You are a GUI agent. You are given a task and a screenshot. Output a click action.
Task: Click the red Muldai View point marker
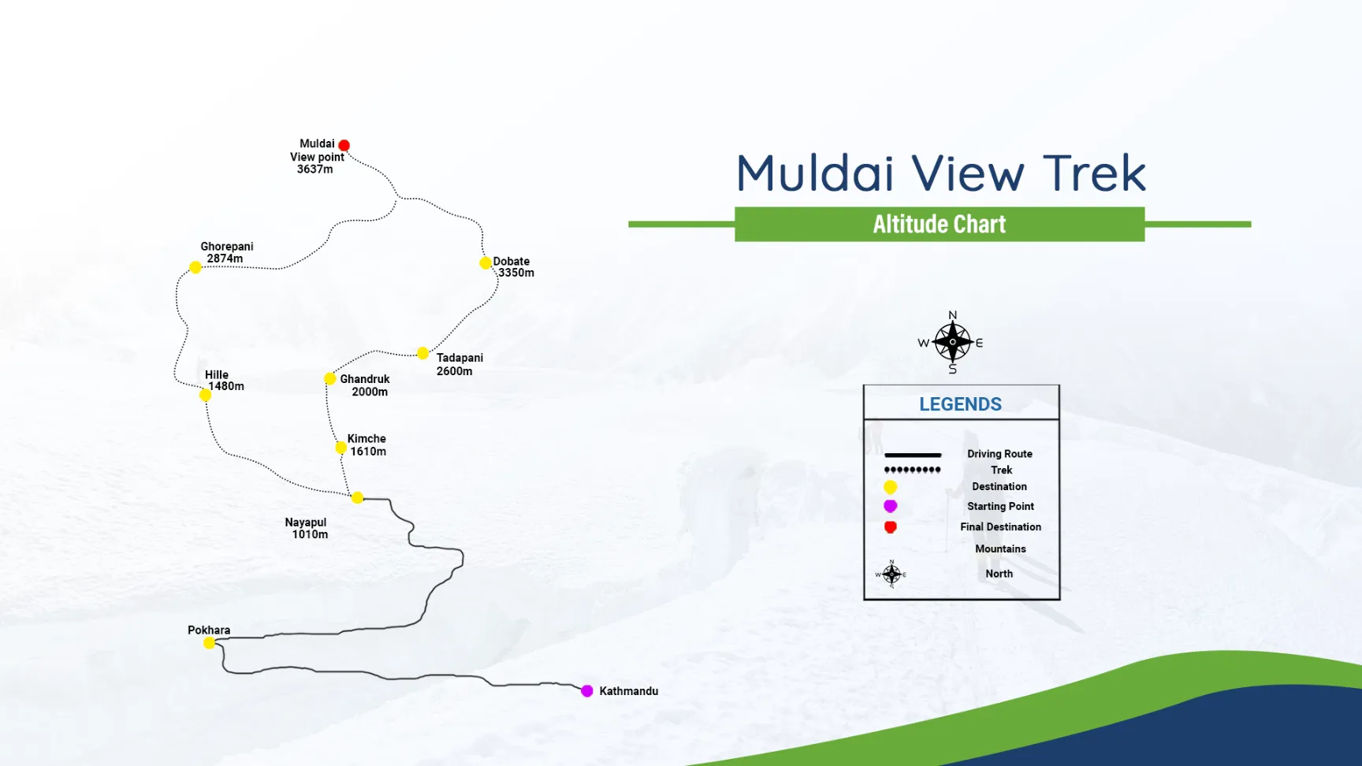344,145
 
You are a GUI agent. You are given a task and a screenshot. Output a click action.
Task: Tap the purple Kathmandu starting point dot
587,691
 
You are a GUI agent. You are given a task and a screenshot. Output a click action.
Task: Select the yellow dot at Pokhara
209,643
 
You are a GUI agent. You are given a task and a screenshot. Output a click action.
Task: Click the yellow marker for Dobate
486,262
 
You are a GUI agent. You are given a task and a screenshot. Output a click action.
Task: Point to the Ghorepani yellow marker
195,267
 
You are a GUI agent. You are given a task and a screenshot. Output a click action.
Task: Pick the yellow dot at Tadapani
422,353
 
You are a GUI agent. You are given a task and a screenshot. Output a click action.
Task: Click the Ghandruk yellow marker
330,379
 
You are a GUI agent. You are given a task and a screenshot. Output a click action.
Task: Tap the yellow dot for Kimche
340,448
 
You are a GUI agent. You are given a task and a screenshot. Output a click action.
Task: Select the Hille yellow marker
205,395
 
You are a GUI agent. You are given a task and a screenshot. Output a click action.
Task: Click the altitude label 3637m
314,169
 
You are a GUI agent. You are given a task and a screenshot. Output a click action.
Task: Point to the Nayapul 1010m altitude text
310,534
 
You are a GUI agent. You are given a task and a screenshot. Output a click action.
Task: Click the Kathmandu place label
628,691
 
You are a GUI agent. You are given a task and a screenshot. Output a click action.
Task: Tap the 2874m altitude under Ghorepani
225,258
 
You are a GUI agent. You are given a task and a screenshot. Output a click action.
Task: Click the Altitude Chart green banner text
939,225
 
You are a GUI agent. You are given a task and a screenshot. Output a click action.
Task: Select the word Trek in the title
1094,173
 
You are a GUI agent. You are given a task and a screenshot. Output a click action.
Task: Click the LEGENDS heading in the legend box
960,404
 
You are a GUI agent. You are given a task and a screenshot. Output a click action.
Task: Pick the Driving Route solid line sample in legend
913,455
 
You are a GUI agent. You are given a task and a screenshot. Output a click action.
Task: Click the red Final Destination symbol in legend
891,527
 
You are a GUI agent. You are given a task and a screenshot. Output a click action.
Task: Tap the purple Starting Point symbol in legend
891,506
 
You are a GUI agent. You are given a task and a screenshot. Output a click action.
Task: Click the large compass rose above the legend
952,342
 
